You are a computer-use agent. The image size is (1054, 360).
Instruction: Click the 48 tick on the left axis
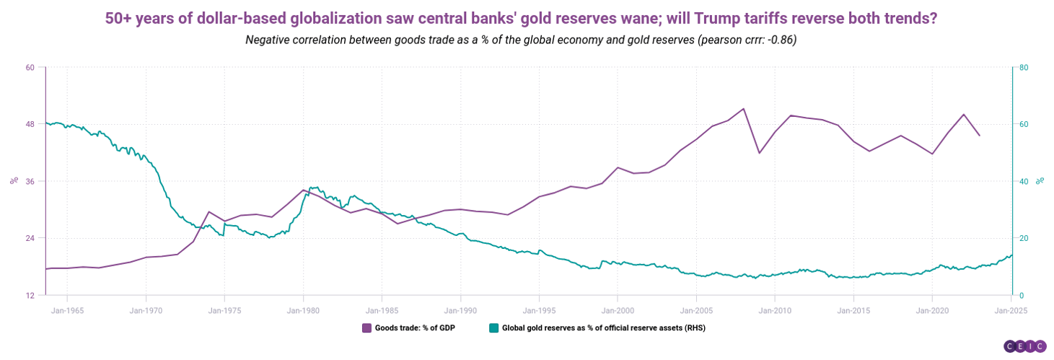pos(30,124)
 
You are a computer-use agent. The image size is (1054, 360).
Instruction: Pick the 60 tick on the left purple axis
pos(30,68)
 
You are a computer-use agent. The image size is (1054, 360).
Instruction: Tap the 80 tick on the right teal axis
pos(1024,68)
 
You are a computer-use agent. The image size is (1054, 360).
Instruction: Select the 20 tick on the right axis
pos(1024,238)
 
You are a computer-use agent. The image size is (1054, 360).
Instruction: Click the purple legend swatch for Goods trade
pos(366,328)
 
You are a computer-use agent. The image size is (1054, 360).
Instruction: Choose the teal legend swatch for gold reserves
pos(493,328)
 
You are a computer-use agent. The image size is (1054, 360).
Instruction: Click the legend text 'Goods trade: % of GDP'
pos(415,328)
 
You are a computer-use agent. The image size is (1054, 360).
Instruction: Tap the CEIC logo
pos(1024,346)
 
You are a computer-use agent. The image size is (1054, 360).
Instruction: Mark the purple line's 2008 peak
pos(743,109)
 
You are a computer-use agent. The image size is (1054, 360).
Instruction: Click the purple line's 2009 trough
pos(759,153)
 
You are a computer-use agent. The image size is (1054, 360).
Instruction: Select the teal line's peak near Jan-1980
pos(311,188)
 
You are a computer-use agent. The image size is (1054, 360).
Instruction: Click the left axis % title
pos(13,181)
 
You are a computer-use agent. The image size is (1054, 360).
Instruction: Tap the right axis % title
pos(1040,181)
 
